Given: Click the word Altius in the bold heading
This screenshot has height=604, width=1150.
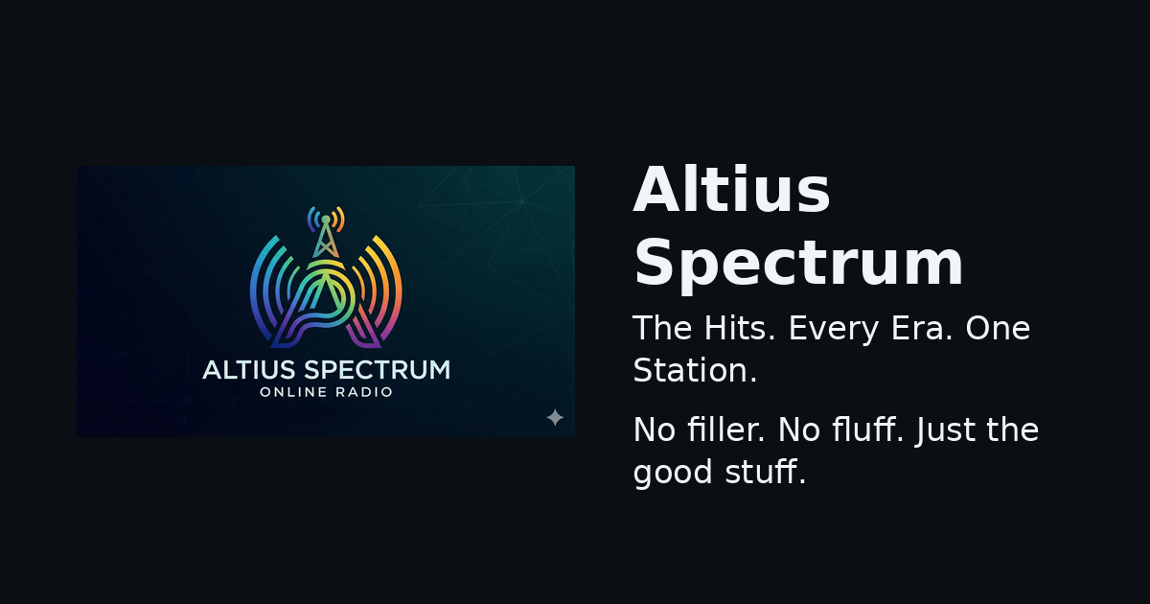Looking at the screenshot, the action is point(731,189).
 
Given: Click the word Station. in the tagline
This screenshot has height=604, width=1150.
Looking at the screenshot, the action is point(695,370).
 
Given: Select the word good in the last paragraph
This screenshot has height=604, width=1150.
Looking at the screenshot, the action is point(673,474).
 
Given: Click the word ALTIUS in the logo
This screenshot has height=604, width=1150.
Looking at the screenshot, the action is point(249,370).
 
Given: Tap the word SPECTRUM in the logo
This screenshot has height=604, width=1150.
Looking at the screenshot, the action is point(377,370).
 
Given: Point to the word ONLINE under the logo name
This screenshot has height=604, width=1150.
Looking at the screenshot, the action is point(293,392).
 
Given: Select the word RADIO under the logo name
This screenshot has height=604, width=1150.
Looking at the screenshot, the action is point(364,392).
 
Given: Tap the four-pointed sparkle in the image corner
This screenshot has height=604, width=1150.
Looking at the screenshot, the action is point(555,418).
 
